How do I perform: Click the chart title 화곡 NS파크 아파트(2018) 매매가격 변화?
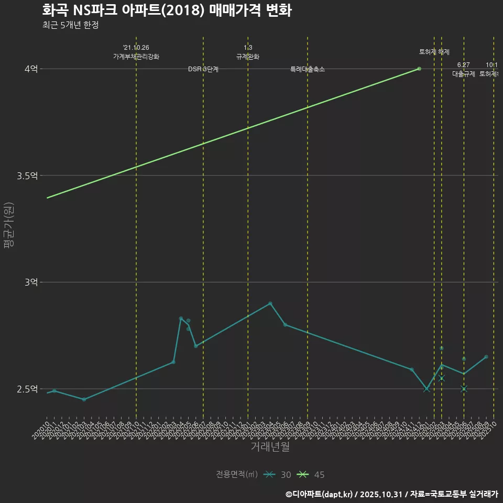tap(167, 10)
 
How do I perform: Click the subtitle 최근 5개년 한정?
tap(70, 25)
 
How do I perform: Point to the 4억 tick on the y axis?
tap(31, 69)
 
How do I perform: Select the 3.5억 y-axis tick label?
tap(27, 176)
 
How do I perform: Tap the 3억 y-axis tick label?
tap(31, 282)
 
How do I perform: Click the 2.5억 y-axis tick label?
tap(27, 389)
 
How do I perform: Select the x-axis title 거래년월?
tap(270, 447)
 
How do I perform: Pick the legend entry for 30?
tap(278, 475)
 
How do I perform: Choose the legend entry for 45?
tap(311, 475)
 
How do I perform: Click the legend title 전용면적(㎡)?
tap(237, 475)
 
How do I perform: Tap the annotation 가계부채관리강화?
tap(136, 57)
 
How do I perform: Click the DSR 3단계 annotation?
tap(203, 70)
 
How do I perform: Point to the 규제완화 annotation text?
tap(248, 57)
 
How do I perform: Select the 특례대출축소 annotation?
tap(308, 69)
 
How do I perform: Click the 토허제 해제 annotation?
tap(434, 52)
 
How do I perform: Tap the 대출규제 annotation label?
tap(464, 74)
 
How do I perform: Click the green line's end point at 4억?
tap(419, 69)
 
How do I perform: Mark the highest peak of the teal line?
tap(270, 303)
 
